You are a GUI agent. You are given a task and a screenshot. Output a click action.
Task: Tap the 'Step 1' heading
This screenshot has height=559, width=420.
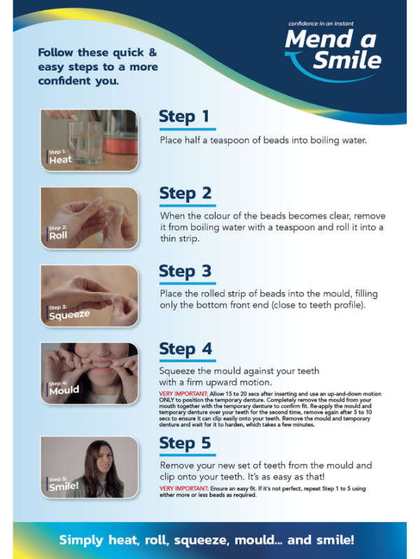coord(183,116)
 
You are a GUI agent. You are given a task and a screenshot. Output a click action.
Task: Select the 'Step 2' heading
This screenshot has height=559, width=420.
coord(185,193)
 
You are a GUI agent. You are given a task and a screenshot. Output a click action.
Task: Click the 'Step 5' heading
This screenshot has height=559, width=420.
coord(185,442)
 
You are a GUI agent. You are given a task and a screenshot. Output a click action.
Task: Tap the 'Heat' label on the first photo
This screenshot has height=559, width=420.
coord(60,160)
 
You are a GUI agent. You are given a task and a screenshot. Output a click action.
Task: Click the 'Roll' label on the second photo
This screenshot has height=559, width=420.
coord(58,236)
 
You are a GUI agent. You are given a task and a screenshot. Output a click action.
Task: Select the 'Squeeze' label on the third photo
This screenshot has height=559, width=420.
coord(69,315)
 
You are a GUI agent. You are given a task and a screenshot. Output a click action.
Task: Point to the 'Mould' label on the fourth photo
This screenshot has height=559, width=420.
coord(64,391)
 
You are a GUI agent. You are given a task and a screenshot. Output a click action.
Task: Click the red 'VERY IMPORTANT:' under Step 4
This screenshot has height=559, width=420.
coord(184,395)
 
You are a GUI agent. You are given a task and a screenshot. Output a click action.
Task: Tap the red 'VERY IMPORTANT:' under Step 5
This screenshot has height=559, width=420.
coord(184,488)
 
